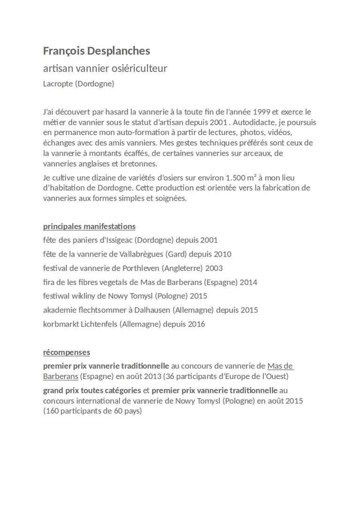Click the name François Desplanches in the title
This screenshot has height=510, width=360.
(x=97, y=51)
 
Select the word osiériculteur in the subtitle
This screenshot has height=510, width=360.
(x=139, y=69)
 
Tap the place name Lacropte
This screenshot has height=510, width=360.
(x=58, y=84)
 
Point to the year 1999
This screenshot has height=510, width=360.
(x=262, y=112)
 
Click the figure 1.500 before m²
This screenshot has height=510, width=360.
(x=236, y=178)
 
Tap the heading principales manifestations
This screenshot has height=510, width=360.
(x=89, y=227)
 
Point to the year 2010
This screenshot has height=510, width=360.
(x=222, y=254)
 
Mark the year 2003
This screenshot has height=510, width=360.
(x=214, y=268)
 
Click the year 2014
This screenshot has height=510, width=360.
(x=248, y=282)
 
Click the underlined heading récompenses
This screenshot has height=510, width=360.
(x=67, y=352)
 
